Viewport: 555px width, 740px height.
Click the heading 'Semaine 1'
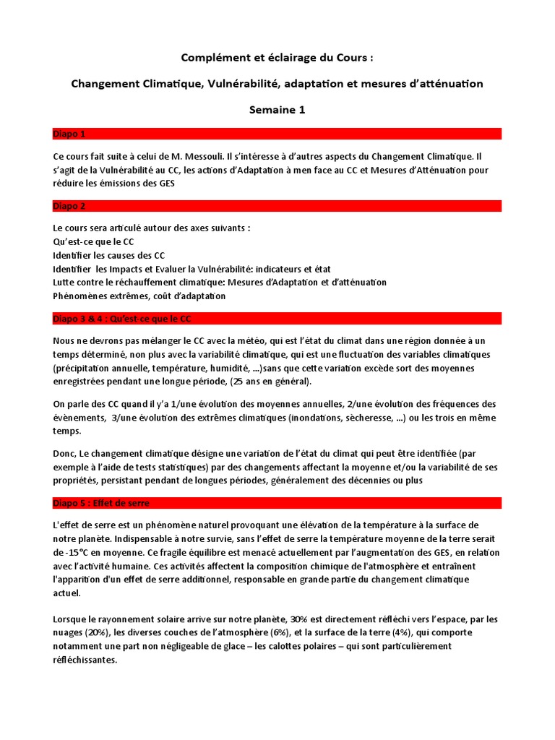click(277, 110)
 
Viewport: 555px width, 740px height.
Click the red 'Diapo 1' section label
click(69, 134)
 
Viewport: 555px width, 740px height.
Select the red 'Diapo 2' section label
click(69, 206)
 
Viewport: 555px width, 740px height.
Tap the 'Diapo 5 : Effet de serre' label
click(101, 503)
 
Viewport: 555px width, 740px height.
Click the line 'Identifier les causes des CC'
click(109, 255)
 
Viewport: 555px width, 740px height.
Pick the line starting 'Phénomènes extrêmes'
click(139, 296)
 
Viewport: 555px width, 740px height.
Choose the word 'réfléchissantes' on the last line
click(85, 660)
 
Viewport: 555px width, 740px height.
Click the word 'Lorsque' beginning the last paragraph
click(71, 619)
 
